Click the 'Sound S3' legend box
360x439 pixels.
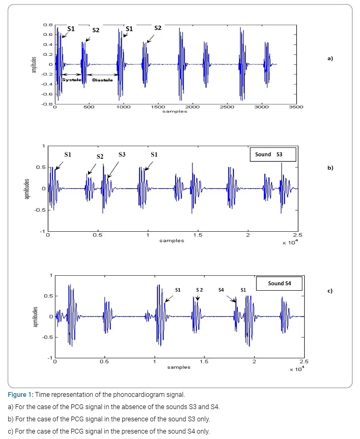(x=273, y=155)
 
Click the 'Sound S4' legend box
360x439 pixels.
(x=279, y=283)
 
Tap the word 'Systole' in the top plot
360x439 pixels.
(x=72, y=80)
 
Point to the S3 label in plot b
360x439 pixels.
(x=122, y=155)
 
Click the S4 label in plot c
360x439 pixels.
(x=221, y=290)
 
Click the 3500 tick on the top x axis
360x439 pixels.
(x=296, y=107)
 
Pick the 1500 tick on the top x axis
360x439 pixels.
(x=158, y=107)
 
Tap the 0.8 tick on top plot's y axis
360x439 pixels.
(x=48, y=25)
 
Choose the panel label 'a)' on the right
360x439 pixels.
(x=330, y=59)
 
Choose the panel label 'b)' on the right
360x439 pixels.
(x=330, y=168)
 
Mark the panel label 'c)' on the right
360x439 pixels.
(x=330, y=291)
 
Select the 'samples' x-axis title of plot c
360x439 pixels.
(x=178, y=367)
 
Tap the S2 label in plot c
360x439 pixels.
(x=199, y=290)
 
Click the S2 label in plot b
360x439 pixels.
(x=100, y=156)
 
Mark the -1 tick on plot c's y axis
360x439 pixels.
(x=50, y=358)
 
